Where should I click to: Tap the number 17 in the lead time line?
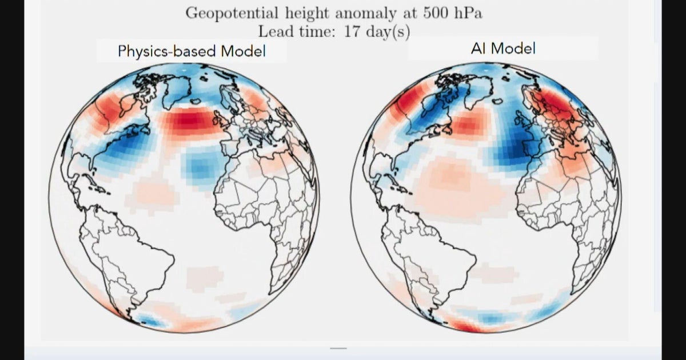pos(352,31)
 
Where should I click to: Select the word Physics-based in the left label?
pos(167,51)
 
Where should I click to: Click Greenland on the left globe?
pos(177,89)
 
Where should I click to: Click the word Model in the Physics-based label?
pos(243,51)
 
